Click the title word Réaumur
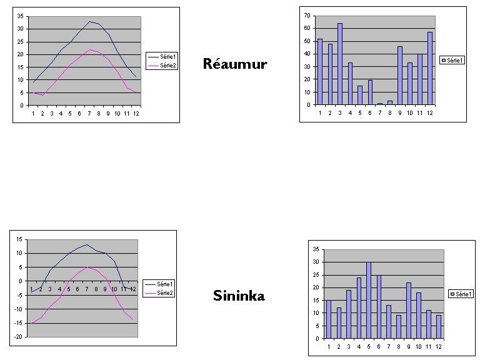tap(235, 64)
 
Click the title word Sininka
tap(239, 295)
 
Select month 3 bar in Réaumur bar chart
tap(339, 64)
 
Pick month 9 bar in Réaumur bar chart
tap(399, 76)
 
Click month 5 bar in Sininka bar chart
tap(369, 301)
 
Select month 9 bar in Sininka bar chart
tap(408, 311)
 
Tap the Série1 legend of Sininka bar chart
tap(463, 294)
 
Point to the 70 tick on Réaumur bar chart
tap(307, 15)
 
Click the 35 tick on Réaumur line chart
tap(20, 16)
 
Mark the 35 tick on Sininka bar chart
tap(316, 249)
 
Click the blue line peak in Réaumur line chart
tap(90, 22)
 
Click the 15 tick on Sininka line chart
tap(19, 239)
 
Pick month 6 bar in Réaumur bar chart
tap(369, 92)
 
